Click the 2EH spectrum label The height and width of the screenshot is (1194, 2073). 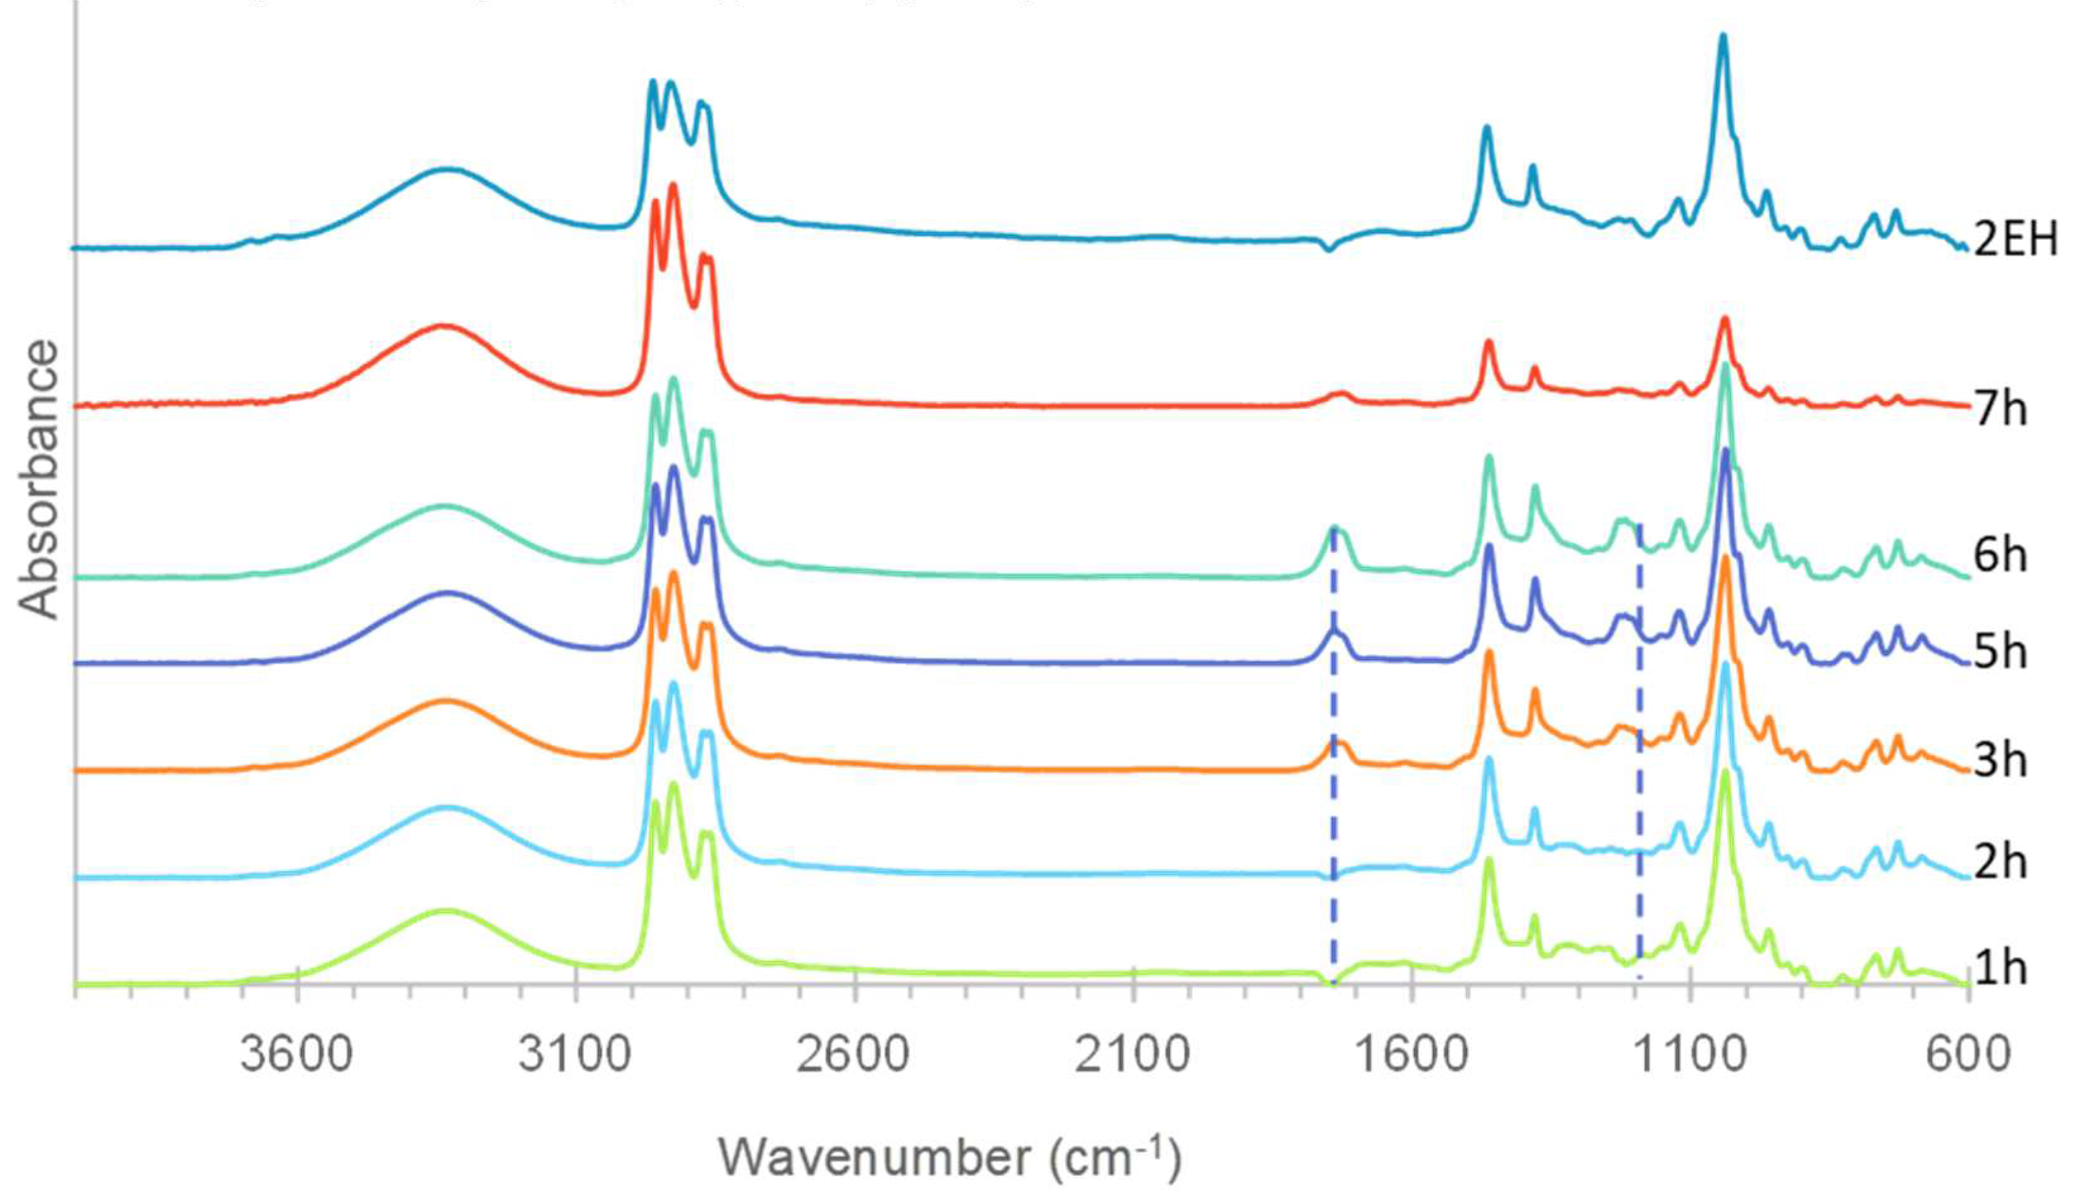point(2015,240)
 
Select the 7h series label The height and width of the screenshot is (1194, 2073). point(2001,407)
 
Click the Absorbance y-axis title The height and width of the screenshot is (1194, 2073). point(39,479)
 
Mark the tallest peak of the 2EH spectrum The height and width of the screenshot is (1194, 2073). point(1722,37)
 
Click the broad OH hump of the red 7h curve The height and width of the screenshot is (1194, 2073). point(443,327)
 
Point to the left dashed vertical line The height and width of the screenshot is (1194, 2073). point(1333,754)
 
